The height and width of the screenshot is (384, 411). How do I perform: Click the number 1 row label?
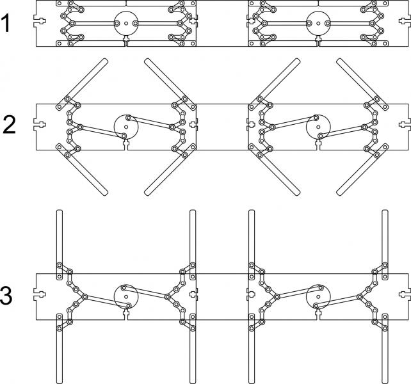[6, 24]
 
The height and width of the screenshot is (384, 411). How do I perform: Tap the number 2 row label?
[9, 125]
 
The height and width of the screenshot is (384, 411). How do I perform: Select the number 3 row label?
[6, 296]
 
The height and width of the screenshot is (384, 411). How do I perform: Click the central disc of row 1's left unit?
[126, 23]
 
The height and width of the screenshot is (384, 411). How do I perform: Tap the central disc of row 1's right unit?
[318, 23]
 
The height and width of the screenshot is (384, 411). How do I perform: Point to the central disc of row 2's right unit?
[318, 127]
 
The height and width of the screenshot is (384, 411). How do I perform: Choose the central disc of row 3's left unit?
[126, 297]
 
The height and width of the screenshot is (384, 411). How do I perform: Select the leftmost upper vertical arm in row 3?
[60, 245]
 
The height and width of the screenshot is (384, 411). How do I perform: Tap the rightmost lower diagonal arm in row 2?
[362, 170]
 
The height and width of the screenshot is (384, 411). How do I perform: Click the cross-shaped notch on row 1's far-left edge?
[40, 20]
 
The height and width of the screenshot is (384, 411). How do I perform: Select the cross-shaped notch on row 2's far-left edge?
[40, 125]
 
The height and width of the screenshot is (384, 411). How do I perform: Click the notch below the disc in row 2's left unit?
[126, 145]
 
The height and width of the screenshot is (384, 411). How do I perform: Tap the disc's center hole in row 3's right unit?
[318, 297]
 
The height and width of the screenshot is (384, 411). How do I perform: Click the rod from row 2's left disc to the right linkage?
[150, 122]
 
